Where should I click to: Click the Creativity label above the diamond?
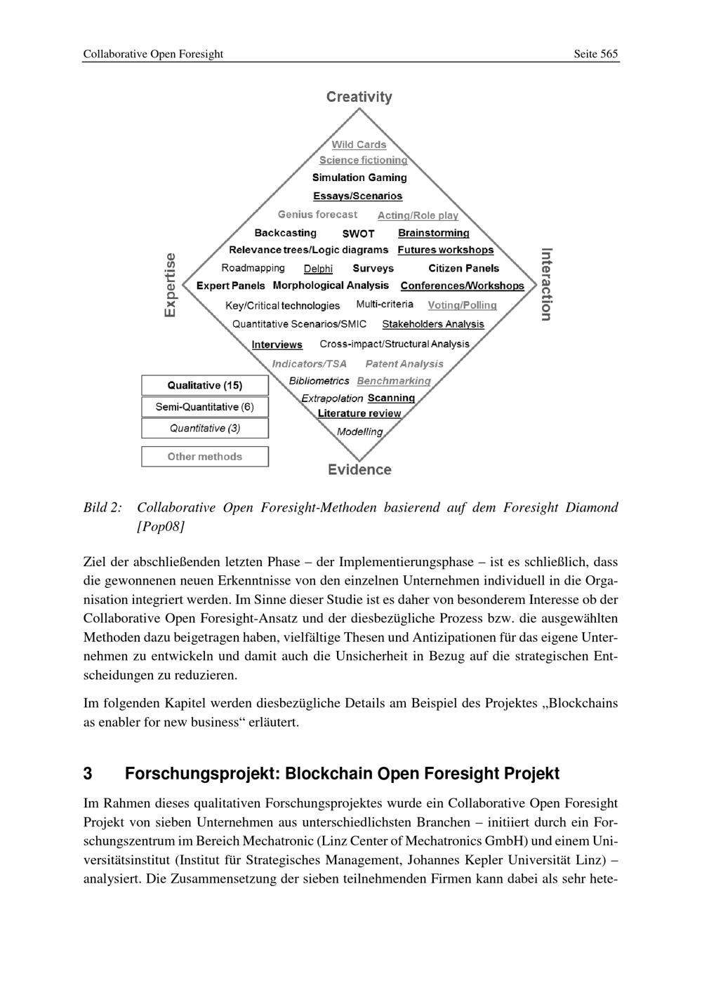(359, 97)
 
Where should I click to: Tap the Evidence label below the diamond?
(359, 469)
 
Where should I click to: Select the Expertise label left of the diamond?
(171, 285)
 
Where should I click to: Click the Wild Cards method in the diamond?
(359, 145)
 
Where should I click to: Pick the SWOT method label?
(358, 234)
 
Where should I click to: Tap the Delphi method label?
(318, 269)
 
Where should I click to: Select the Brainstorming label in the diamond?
(433, 233)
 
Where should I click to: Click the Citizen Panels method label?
(463, 268)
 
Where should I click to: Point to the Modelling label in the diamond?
(359, 431)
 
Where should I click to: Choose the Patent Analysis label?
(404, 363)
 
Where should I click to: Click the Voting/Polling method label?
(462, 305)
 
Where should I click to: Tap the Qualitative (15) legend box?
(205, 385)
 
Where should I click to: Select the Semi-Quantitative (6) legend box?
(205, 407)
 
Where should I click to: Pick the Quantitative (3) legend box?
(205, 428)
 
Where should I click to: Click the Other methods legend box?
(205, 457)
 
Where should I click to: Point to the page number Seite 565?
(595, 54)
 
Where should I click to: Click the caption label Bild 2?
(102, 507)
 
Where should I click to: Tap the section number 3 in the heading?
(88, 773)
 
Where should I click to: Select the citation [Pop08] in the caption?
(161, 526)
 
